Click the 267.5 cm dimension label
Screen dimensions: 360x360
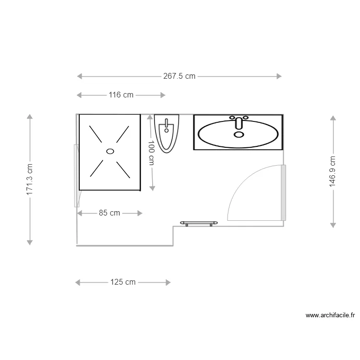180,76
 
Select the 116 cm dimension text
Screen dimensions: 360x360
121,95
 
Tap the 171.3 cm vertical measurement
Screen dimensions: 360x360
30,180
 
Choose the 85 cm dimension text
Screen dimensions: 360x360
109,213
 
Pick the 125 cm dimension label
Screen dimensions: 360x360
123,282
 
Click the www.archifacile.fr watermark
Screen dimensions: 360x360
330,315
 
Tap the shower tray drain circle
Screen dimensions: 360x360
110,151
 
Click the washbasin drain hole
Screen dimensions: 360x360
239,134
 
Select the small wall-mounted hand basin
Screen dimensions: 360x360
167,133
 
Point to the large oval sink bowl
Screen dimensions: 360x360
238,134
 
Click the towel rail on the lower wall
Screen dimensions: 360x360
199,223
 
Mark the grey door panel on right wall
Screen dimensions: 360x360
284,192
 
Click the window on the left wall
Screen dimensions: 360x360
76,176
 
